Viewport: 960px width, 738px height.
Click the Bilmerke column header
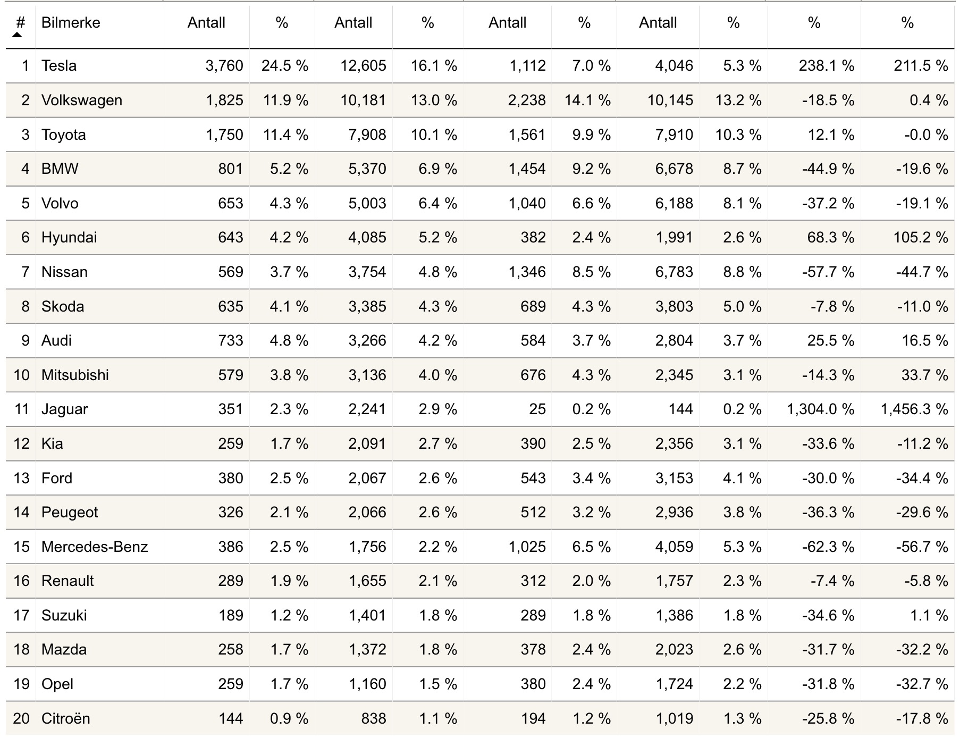pos(71,23)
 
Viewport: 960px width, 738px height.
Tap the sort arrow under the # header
pos(18,35)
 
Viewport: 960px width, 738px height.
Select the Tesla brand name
pos(59,66)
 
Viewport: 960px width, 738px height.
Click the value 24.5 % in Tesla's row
pos(284,66)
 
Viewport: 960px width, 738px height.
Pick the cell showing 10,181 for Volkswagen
pos(363,100)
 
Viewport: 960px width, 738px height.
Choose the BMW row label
pos(60,169)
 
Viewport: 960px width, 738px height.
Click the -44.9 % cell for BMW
pos(828,169)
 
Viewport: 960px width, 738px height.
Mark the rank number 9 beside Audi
pos(25,341)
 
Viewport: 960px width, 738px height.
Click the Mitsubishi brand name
pos(75,375)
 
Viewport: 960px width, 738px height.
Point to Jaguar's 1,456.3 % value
pos(914,409)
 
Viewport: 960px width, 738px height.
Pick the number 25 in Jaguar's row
pos(537,409)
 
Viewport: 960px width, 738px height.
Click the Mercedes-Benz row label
pos(95,547)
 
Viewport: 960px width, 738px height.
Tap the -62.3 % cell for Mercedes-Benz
pos(828,547)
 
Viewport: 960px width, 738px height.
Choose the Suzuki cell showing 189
pos(230,616)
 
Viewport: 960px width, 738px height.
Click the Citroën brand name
pos(65,719)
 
